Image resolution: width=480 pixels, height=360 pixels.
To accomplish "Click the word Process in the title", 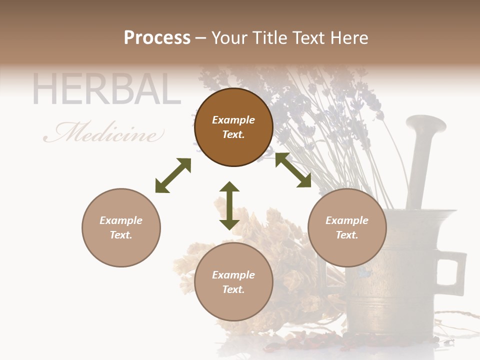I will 157,38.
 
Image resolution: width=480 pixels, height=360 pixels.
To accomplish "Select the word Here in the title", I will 349,38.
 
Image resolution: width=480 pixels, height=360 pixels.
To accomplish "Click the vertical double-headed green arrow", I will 229,205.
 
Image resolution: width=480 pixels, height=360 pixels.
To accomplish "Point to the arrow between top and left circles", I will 173,175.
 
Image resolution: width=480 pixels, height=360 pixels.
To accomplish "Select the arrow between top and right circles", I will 293,170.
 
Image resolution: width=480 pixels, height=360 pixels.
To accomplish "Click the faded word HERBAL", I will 106,90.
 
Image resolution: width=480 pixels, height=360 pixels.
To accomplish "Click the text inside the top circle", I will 233,127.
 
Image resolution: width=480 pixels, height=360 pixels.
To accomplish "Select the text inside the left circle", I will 121,227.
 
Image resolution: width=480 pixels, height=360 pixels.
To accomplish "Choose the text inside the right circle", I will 347,227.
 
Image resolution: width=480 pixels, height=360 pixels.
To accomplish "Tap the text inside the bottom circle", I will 233,282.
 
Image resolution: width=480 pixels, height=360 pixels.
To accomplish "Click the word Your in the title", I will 230,38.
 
